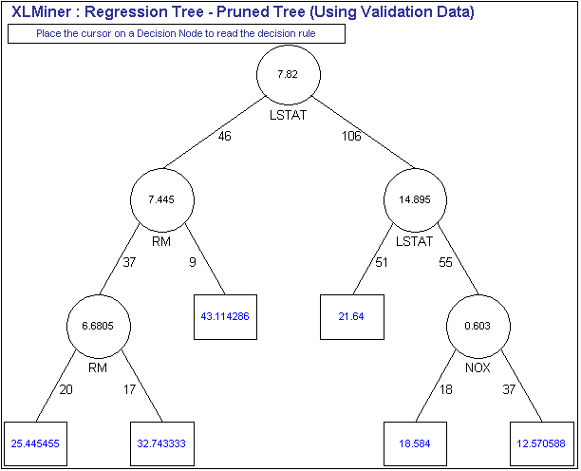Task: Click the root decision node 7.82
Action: [290, 75]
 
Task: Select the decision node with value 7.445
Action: [162, 200]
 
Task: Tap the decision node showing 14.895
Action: [416, 200]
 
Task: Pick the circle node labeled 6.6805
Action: [99, 326]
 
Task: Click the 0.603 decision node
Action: [478, 326]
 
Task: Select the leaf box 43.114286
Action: [225, 316]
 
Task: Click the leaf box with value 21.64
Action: [352, 316]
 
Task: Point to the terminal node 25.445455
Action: [36, 443]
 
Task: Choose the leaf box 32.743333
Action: [162, 443]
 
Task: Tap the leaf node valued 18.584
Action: [416, 443]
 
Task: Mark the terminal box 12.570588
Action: [542, 443]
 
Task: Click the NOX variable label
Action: [478, 367]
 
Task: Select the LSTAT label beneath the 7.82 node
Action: [290, 116]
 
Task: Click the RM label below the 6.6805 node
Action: [99, 367]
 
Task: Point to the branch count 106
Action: [352, 136]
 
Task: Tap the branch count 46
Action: [224, 136]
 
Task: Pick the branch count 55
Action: [445, 261]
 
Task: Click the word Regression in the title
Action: [129, 12]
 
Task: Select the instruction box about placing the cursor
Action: [176, 34]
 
